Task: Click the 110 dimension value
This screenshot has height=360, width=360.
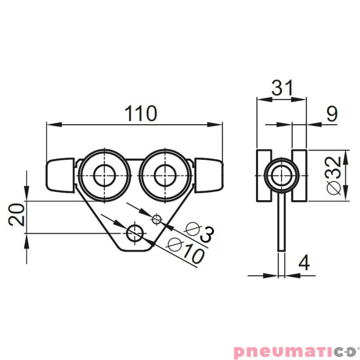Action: pyautogui.click(x=141, y=113)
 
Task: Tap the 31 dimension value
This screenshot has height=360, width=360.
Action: pyautogui.click(x=282, y=87)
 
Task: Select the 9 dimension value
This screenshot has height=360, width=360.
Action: pyautogui.click(x=332, y=114)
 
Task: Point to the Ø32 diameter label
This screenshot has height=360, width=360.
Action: pyautogui.click(x=333, y=175)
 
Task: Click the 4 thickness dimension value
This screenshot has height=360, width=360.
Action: pyautogui.click(x=304, y=262)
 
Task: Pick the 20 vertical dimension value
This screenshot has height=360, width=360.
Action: pyautogui.click(x=16, y=215)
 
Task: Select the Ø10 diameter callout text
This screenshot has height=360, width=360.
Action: pyautogui.click(x=186, y=250)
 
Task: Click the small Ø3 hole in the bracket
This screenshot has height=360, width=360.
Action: pyautogui.click(x=157, y=220)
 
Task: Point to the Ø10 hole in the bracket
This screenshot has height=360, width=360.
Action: pyautogui.click(x=135, y=233)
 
